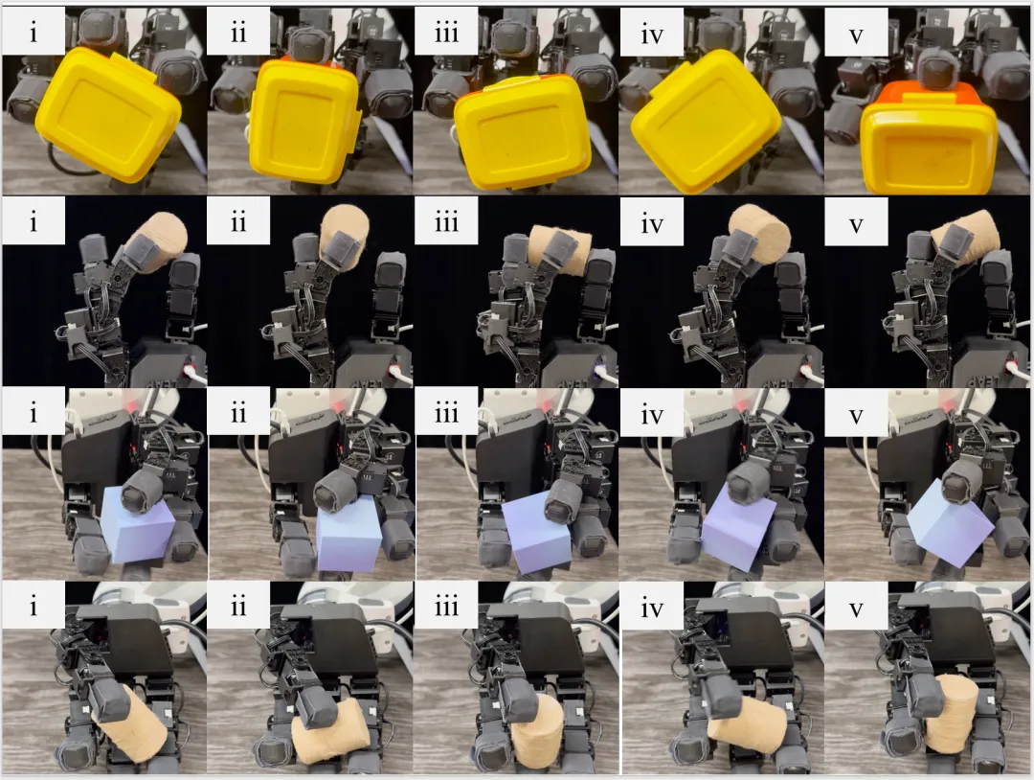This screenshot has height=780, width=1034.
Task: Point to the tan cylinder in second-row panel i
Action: click(158, 242)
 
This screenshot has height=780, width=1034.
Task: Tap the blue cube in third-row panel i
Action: click(137, 524)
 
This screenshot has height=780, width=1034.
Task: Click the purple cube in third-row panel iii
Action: click(536, 533)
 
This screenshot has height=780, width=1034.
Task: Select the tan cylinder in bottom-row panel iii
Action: click(536, 728)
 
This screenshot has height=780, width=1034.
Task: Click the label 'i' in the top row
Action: click(34, 31)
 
